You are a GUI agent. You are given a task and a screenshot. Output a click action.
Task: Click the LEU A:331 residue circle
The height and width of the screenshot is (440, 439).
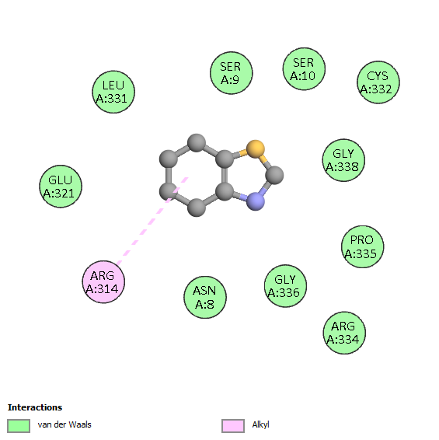tap(113, 92)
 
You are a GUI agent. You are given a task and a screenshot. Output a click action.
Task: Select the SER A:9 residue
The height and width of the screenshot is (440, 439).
tap(231, 73)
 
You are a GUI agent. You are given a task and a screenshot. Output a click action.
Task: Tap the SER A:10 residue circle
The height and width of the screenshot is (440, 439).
tap(304, 69)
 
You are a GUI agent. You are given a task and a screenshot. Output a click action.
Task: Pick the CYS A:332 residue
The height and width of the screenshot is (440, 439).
tap(378, 82)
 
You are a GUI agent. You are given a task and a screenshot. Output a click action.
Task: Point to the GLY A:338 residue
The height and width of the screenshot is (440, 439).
tap(343, 160)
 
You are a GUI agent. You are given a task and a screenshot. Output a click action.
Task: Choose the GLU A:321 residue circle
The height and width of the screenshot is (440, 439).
tap(61, 187)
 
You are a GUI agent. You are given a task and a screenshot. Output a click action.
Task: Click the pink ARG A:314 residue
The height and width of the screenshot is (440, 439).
tap(103, 282)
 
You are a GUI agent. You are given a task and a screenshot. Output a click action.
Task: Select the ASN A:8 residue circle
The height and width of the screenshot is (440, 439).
tap(205, 298)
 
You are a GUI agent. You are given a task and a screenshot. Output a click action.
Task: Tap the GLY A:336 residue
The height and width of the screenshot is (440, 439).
tap(286, 286)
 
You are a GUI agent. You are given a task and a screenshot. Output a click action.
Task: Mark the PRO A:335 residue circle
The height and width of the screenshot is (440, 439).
tap(362, 246)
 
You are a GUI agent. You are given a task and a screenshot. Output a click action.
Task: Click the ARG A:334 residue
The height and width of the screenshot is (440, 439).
tap(344, 333)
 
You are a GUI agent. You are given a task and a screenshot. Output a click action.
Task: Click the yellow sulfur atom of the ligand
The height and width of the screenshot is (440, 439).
tap(256, 149)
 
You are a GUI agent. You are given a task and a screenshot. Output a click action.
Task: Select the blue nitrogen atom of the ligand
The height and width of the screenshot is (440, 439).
tap(256, 201)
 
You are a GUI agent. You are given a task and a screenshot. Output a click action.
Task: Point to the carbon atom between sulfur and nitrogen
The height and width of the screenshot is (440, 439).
tap(274, 175)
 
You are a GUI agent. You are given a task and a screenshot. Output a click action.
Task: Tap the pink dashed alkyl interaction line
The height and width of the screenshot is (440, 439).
tap(152, 221)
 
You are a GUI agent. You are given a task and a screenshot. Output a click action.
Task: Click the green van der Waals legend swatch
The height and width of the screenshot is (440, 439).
tap(19, 426)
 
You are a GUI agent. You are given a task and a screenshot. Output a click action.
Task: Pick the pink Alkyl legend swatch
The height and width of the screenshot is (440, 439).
tap(233, 426)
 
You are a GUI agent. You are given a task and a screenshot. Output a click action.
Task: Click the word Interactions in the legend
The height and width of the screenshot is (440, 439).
tap(35, 407)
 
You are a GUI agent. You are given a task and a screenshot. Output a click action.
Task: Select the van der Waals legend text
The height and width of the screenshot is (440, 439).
tap(64, 424)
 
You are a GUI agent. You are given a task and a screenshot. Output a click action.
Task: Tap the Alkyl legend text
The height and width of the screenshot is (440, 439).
tap(260, 425)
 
